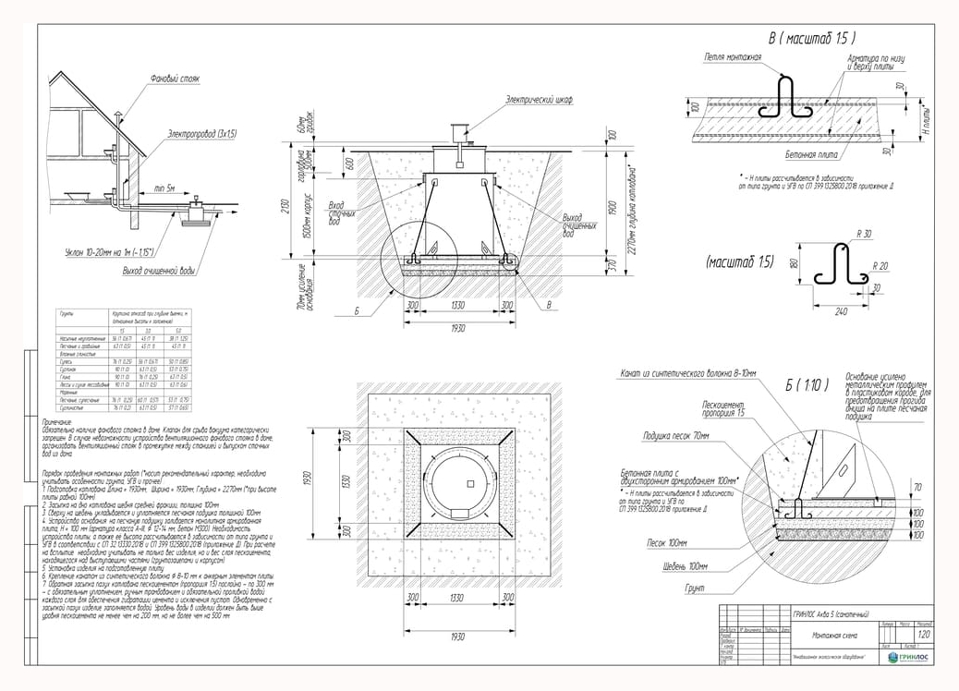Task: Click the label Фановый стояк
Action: (175, 79)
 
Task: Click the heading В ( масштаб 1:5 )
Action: (812, 39)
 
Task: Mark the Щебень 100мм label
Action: (685, 565)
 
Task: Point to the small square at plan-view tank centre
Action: (471, 483)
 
